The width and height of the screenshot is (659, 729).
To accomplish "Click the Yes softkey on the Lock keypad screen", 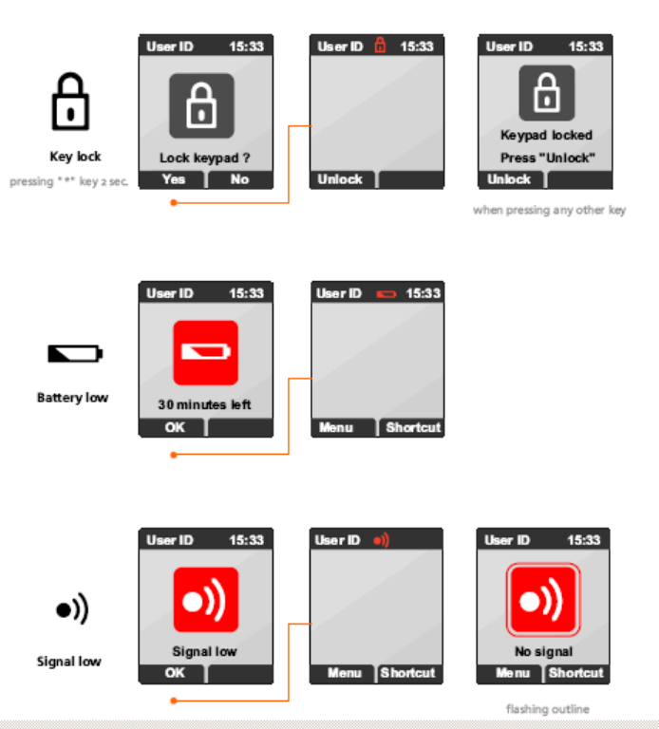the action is coord(173,179).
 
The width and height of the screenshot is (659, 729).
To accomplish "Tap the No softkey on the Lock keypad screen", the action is coord(239,179).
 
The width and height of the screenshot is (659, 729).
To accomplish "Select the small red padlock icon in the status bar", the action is coord(381,46).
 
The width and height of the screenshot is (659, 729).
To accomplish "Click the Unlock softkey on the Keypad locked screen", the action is coord(509,179).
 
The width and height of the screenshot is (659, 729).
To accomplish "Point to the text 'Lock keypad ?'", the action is coord(205,158).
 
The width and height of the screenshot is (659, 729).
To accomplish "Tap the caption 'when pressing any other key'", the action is coord(549,210).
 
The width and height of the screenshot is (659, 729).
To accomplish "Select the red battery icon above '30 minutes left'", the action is coord(205,352).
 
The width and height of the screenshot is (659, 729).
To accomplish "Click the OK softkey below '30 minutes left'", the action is coord(175,427).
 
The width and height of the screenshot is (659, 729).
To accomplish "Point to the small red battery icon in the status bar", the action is coord(386,294).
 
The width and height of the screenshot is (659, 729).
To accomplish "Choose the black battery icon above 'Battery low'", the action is coord(75,354).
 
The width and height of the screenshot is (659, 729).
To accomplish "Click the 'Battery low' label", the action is coord(72,398).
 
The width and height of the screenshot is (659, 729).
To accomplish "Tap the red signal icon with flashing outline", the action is coord(542,600).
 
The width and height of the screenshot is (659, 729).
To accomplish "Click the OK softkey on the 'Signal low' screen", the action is coord(175,673).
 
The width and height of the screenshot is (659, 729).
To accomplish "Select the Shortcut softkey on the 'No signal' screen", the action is coord(575,673).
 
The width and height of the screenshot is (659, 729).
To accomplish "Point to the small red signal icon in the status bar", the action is coord(381,540).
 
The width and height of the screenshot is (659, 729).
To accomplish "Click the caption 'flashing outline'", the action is coord(548,708).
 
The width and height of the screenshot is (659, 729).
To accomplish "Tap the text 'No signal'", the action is coord(543,652).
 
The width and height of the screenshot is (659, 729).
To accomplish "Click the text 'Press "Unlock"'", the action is coord(547,158).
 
